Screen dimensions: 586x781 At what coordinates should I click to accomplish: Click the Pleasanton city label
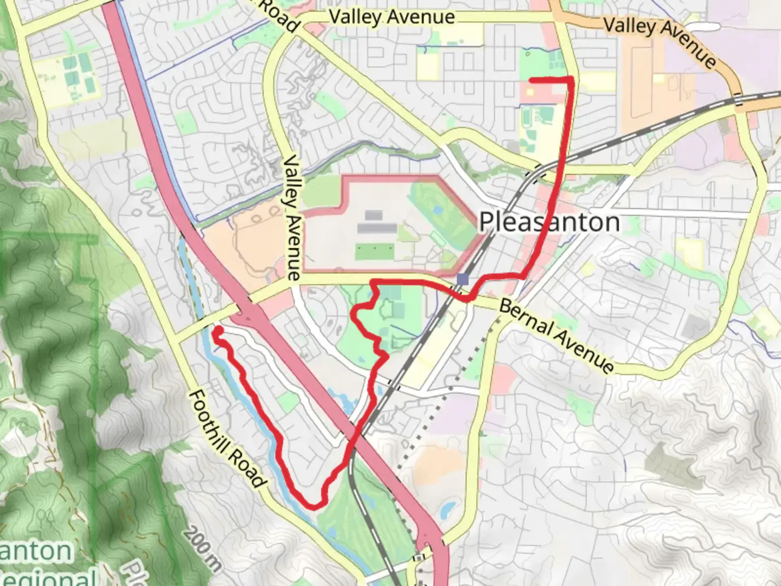click(549, 222)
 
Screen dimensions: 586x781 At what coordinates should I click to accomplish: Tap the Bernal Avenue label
click(556, 336)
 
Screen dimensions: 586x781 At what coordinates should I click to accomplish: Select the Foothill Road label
click(227, 438)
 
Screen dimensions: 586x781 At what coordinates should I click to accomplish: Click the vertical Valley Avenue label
click(292, 217)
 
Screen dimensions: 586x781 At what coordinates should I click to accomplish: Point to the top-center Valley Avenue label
click(392, 17)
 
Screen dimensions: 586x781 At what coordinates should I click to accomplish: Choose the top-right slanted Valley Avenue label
click(660, 41)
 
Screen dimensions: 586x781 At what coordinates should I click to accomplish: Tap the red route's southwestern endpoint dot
click(217, 329)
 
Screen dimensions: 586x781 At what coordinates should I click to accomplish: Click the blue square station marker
click(462, 279)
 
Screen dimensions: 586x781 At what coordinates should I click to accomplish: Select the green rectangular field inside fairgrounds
click(374, 251)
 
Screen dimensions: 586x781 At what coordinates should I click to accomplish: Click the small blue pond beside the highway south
click(448, 510)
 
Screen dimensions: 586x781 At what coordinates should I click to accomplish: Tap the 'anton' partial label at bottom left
click(36, 551)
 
